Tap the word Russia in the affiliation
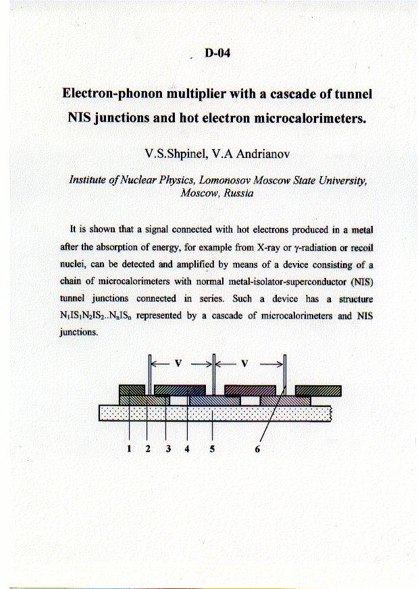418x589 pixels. coord(238,193)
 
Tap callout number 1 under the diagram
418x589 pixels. coord(128,451)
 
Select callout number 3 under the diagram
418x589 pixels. coord(166,451)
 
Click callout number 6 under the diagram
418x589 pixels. coord(257,451)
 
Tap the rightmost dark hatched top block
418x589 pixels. coord(318,390)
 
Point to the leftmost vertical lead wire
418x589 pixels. coord(148,371)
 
